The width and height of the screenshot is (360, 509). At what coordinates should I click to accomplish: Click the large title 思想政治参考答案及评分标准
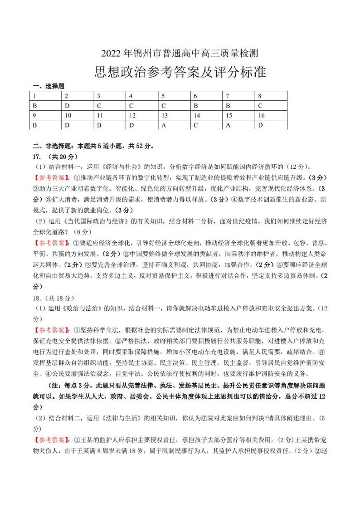click(180, 73)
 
